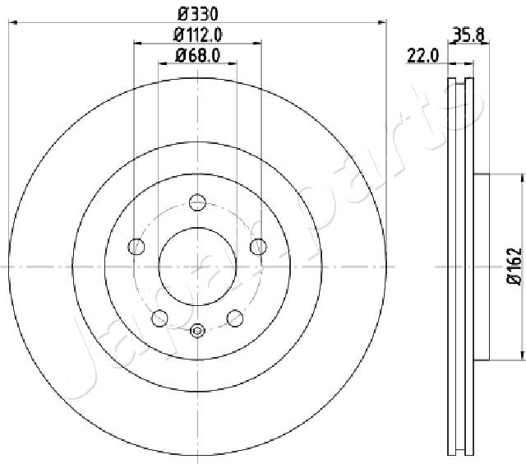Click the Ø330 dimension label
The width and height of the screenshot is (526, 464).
(198, 13)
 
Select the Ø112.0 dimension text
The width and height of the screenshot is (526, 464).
(198, 35)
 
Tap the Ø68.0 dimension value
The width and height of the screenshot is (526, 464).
(198, 56)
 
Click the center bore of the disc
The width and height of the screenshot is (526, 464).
(197, 267)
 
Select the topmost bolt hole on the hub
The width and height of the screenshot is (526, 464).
(197, 202)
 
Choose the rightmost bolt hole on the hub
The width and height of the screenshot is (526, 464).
(259, 246)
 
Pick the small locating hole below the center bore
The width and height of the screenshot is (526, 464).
(197, 331)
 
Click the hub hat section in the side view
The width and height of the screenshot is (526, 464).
(482, 267)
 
